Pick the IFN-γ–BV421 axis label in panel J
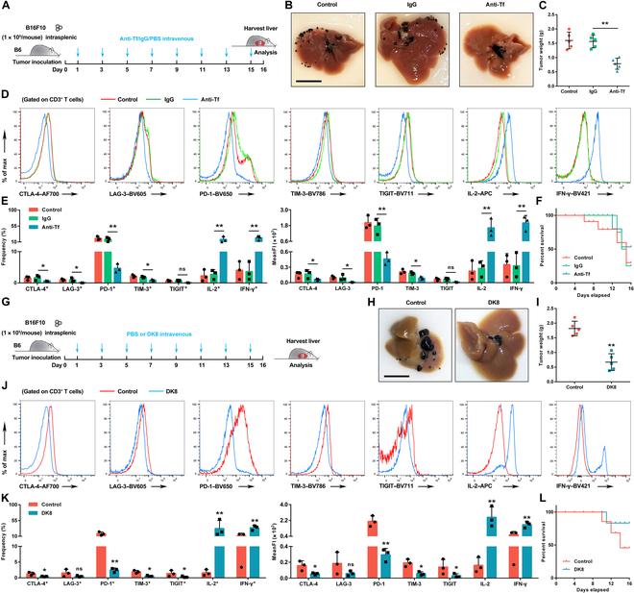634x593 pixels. (x=587, y=488)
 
